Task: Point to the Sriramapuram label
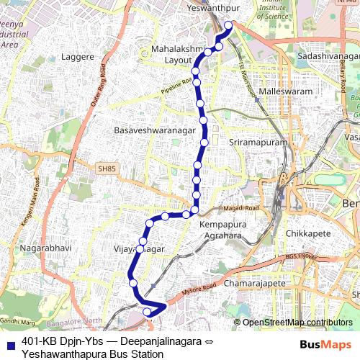(x=257, y=143)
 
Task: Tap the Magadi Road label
(x=241, y=208)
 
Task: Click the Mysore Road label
(x=199, y=289)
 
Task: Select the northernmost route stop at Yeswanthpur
(x=229, y=25)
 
